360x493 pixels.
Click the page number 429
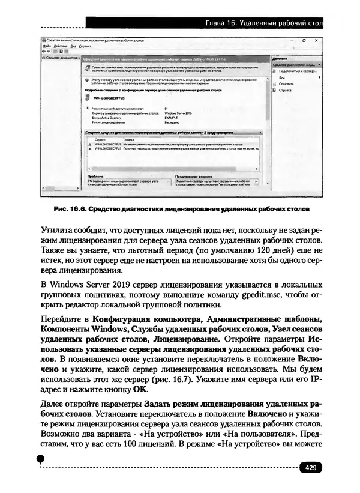(x=311, y=468)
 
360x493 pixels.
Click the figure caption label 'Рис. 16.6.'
(x=71, y=210)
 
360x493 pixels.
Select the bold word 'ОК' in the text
(x=139, y=389)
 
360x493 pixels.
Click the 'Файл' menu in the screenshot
(x=46, y=46)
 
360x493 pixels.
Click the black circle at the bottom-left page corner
(x=40, y=459)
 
